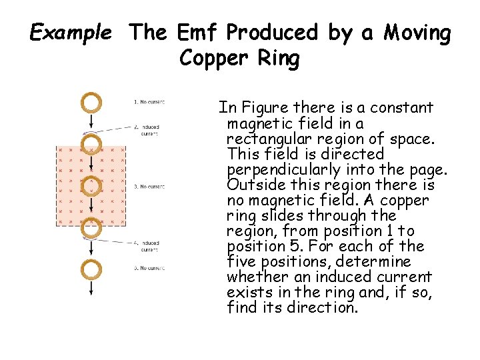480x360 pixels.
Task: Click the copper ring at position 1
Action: tap(91, 102)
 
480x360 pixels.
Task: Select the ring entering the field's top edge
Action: tap(91, 144)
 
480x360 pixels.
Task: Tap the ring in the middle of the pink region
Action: tap(91, 184)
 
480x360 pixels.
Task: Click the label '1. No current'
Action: tap(149, 102)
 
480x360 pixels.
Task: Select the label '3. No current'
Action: tap(149, 186)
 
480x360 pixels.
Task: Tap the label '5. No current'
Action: tap(149, 268)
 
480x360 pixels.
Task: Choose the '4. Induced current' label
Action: tap(148, 246)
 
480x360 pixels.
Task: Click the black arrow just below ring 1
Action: tap(91, 121)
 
